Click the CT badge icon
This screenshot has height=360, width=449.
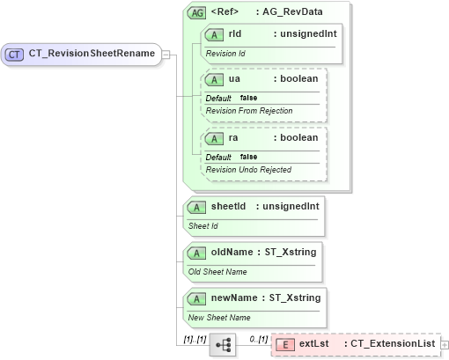tap(14, 55)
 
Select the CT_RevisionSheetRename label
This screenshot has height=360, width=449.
tap(92, 54)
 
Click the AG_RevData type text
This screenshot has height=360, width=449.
tap(301, 12)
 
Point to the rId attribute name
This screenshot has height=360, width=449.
tap(235, 33)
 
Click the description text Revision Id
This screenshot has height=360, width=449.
tap(226, 53)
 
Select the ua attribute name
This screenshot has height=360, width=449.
tap(234, 79)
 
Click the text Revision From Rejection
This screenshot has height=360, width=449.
tap(249, 110)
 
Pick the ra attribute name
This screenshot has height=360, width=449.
tap(233, 138)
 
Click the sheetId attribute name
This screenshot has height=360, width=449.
tap(228, 206)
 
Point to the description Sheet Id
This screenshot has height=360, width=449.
tap(204, 225)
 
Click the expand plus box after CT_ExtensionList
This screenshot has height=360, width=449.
tap(444, 343)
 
